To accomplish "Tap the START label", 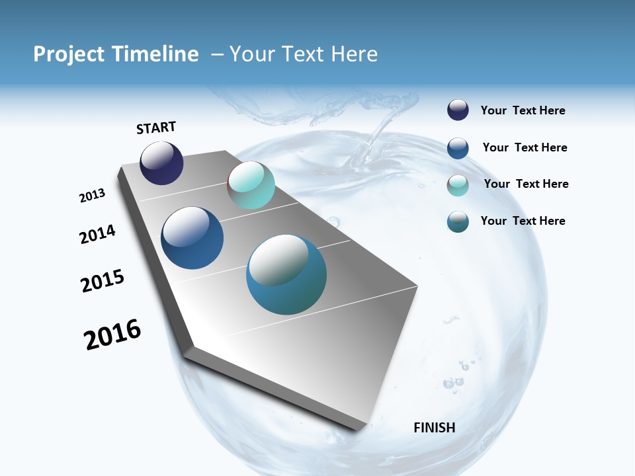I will click(x=156, y=128).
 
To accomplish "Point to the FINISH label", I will click(x=435, y=428).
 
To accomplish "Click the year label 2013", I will click(x=93, y=196).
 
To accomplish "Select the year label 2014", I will click(x=98, y=235).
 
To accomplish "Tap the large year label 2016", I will click(x=112, y=335).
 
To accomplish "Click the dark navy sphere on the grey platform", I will click(x=161, y=163).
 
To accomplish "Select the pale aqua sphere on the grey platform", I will click(x=251, y=185).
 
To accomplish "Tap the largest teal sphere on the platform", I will click(x=286, y=274).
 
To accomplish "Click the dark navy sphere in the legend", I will click(x=458, y=110).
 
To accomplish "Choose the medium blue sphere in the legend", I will click(x=458, y=148).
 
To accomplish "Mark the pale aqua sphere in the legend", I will click(x=458, y=185).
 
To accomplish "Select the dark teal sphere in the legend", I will click(x=458, y=221).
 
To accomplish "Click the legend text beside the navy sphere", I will click(x=523, y=111).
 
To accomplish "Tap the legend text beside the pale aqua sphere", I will click(x=526, y=184).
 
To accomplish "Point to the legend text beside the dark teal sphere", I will click(x=523, y=221).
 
